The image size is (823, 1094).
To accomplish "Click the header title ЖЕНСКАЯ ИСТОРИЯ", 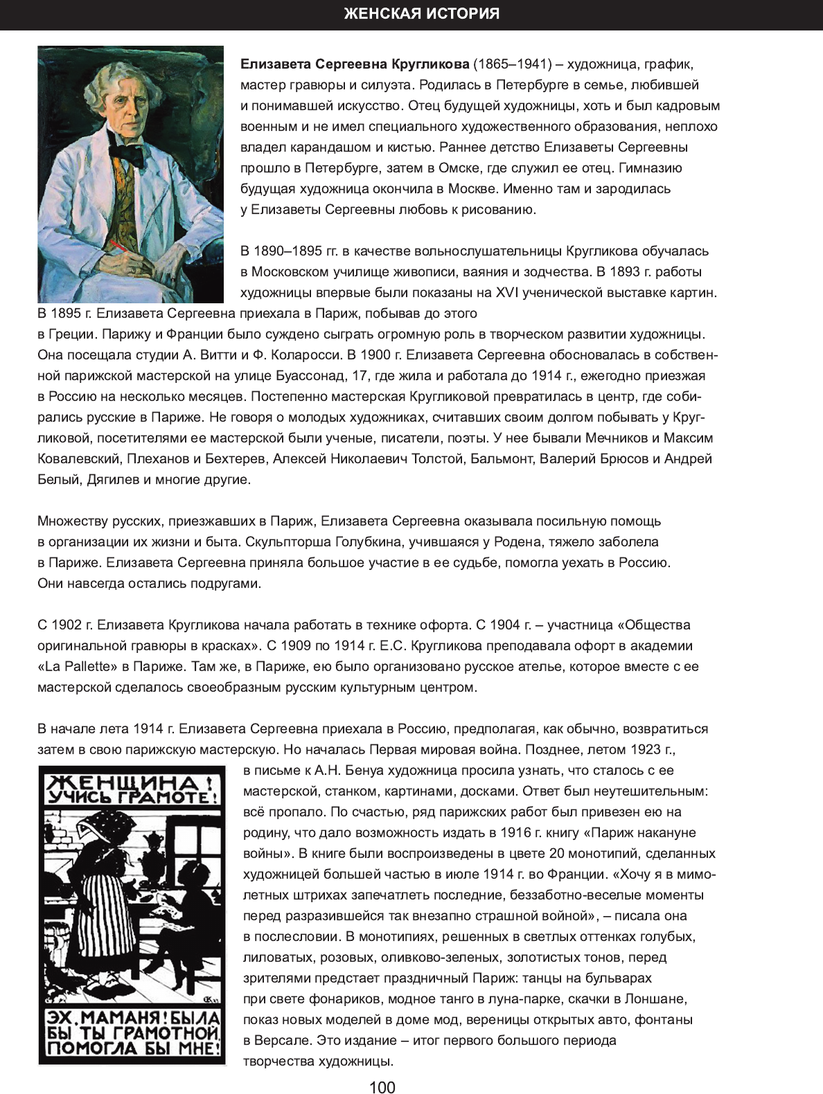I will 421,14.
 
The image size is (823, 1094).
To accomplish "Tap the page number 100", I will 382,1088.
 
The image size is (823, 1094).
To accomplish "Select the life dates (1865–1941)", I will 512,64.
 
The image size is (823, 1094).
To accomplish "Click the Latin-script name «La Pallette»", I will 74,667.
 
